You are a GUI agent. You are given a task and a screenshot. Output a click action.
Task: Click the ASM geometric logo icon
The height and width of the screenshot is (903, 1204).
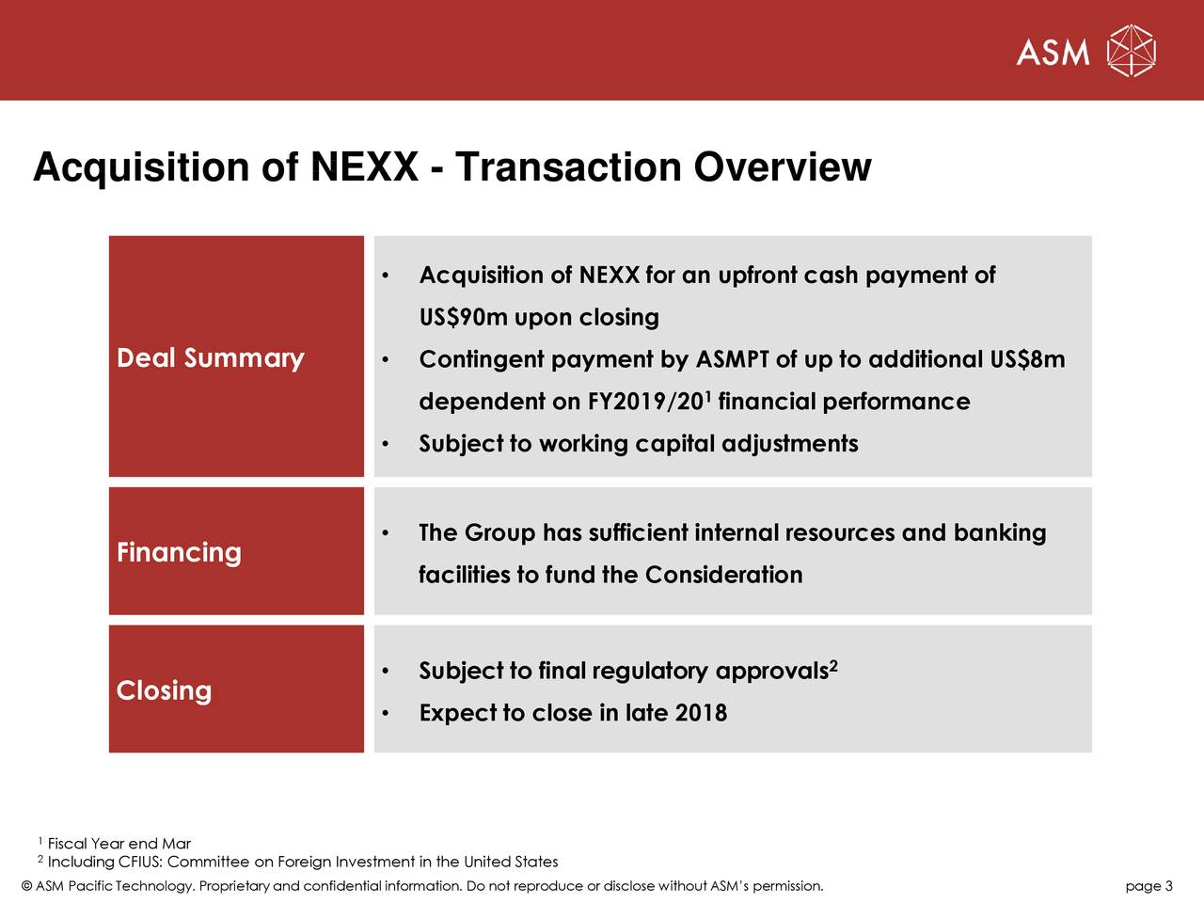1131,51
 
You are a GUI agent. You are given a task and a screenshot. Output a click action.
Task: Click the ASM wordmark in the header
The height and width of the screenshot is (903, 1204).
1053,53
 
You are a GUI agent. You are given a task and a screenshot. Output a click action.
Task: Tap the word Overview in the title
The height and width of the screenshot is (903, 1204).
783,167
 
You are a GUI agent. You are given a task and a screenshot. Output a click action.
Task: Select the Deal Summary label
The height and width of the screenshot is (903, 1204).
211,358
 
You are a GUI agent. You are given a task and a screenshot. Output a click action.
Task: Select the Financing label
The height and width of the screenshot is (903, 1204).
179,552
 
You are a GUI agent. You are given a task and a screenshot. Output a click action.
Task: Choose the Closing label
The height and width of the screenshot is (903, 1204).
164,690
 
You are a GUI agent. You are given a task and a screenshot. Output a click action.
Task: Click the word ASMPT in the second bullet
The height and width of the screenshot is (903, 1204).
732,360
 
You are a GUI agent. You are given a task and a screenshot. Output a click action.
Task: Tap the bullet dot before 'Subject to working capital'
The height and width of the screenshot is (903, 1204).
386,445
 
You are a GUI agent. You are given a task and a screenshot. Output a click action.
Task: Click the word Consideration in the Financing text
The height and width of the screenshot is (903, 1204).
723,575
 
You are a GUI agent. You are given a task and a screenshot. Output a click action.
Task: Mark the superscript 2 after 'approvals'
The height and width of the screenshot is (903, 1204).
833,667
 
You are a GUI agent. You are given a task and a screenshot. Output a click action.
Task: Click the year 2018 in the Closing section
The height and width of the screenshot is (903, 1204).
701,713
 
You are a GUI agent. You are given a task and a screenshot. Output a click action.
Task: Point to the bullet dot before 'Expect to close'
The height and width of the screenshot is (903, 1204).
386,714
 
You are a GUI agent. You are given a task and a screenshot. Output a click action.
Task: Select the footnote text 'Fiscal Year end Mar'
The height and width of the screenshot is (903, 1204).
119,844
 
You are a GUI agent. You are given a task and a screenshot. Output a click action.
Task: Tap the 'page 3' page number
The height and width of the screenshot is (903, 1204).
1149,886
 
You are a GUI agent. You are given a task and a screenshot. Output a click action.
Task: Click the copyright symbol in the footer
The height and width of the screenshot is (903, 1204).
26,886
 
